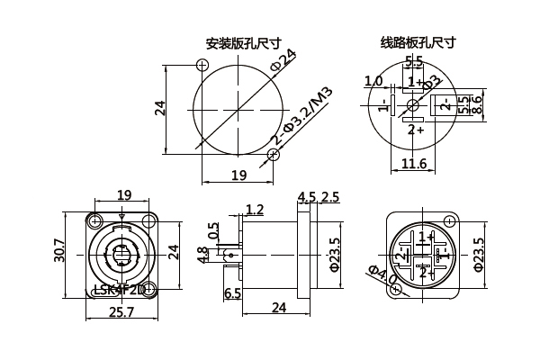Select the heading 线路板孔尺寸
click(x=418, y=42)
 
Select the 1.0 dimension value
click(x=373, y=81)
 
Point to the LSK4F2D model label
click(x=119, y=290)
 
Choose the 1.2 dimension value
click(x=255, y=210)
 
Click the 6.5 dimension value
click(x=232, y=293)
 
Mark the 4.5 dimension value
click(x=307, y=198)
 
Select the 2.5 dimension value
click(x=330, y=198)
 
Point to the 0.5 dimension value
click(x=212, y=231)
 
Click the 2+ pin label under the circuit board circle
click(x=416, y=130)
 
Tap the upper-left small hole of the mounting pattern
click(x=202, y=64)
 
